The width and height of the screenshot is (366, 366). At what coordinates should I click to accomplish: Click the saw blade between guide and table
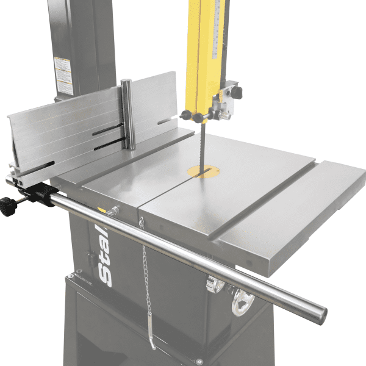pos(200,143)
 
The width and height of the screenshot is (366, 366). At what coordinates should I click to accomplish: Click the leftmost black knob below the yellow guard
pos(185,115)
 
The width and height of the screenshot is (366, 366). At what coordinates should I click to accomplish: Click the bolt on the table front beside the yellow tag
pos(113,211)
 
